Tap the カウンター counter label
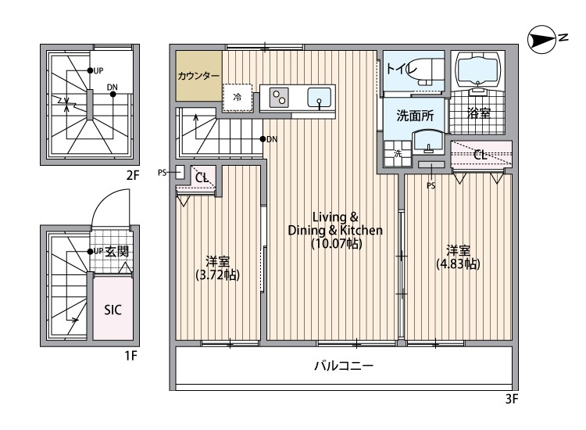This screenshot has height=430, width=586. coord(198,76)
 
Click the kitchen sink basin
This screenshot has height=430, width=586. coord(320,98)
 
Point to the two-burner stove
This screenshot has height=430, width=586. coord(280,97)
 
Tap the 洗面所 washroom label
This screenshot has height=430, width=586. coord(415,116)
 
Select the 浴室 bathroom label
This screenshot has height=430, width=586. coord(478,113)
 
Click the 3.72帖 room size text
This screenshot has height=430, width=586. coord(218,274)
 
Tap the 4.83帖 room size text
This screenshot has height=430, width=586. coord(458,263)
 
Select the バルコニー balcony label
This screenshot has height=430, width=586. coord(344,366)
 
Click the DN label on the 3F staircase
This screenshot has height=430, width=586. coord(272,139)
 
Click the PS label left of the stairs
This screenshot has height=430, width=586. coord(163,172)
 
